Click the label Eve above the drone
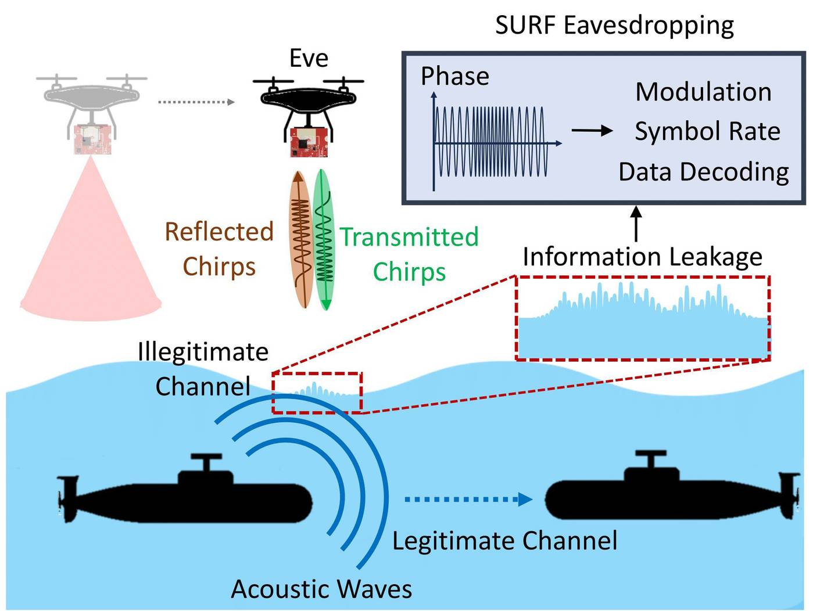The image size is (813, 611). tap(309, 59)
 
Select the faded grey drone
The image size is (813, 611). tap(92, 96)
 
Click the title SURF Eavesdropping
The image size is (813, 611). tap(614, 26)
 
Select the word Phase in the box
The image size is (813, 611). tap(455, 77)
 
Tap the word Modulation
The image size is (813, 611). tap(703, 92)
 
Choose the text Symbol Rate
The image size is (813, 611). tap(707, 131)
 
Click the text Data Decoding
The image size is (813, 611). tap(704, 172)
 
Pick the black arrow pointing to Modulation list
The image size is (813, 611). tap(592, 131)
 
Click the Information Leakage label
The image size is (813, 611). tap(642, 257)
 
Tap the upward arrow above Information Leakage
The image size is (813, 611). tap(636, 223)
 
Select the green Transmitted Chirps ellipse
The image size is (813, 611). tap(324, 239)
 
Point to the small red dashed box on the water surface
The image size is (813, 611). tap(317, 393)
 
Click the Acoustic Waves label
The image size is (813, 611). tap(321, 589)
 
